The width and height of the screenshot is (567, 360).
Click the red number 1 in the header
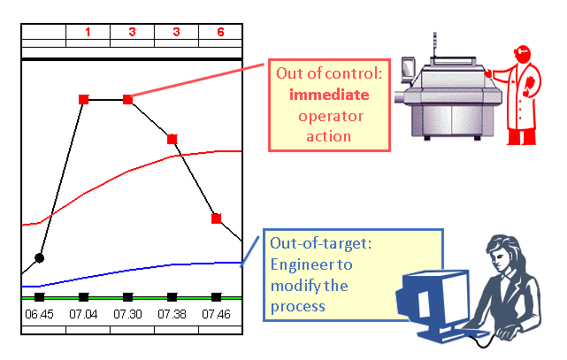(88, 32)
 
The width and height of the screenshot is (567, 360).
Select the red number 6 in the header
(220, 32)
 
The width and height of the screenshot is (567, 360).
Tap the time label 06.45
(39, 314)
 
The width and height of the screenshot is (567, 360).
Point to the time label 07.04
(84, 314)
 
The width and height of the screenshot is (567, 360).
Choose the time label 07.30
(128, 314)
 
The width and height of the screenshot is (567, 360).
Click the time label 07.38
(172, 314)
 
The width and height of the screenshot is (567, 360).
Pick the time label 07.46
(217, 314)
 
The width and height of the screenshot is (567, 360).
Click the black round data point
(39, 257)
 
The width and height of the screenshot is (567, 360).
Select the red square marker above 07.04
(84, 99)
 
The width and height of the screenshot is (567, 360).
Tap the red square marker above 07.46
(217, 218)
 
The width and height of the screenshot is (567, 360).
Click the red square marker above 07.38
(172, 139)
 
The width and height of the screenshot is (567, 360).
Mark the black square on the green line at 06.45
(39, 297)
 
